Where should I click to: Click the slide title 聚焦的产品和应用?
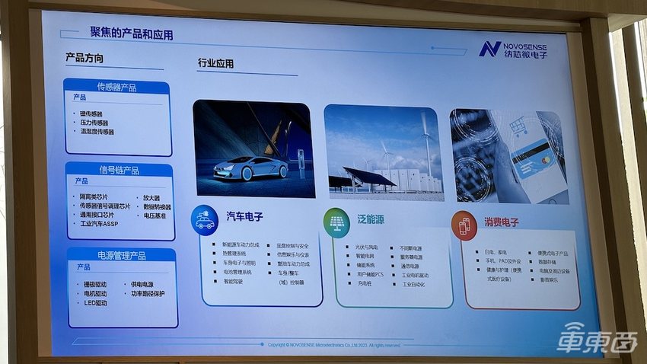click(x=131, y=34)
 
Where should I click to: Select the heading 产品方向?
click(x=84, y=59)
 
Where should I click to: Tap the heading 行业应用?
click(x=215, y=64)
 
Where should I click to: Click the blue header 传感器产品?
click(x=116, y=87)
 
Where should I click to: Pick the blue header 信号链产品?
click(x=118, y=169)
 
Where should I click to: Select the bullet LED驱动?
click(x=95, y=302)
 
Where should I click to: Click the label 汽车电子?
click(x=244, y=217)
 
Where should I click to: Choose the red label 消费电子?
click(x=501, y=222)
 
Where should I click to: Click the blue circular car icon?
click(x=205, y=219)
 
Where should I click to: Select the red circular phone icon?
click(x=464, y=225)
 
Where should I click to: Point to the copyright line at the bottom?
click(x=334, y=344)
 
